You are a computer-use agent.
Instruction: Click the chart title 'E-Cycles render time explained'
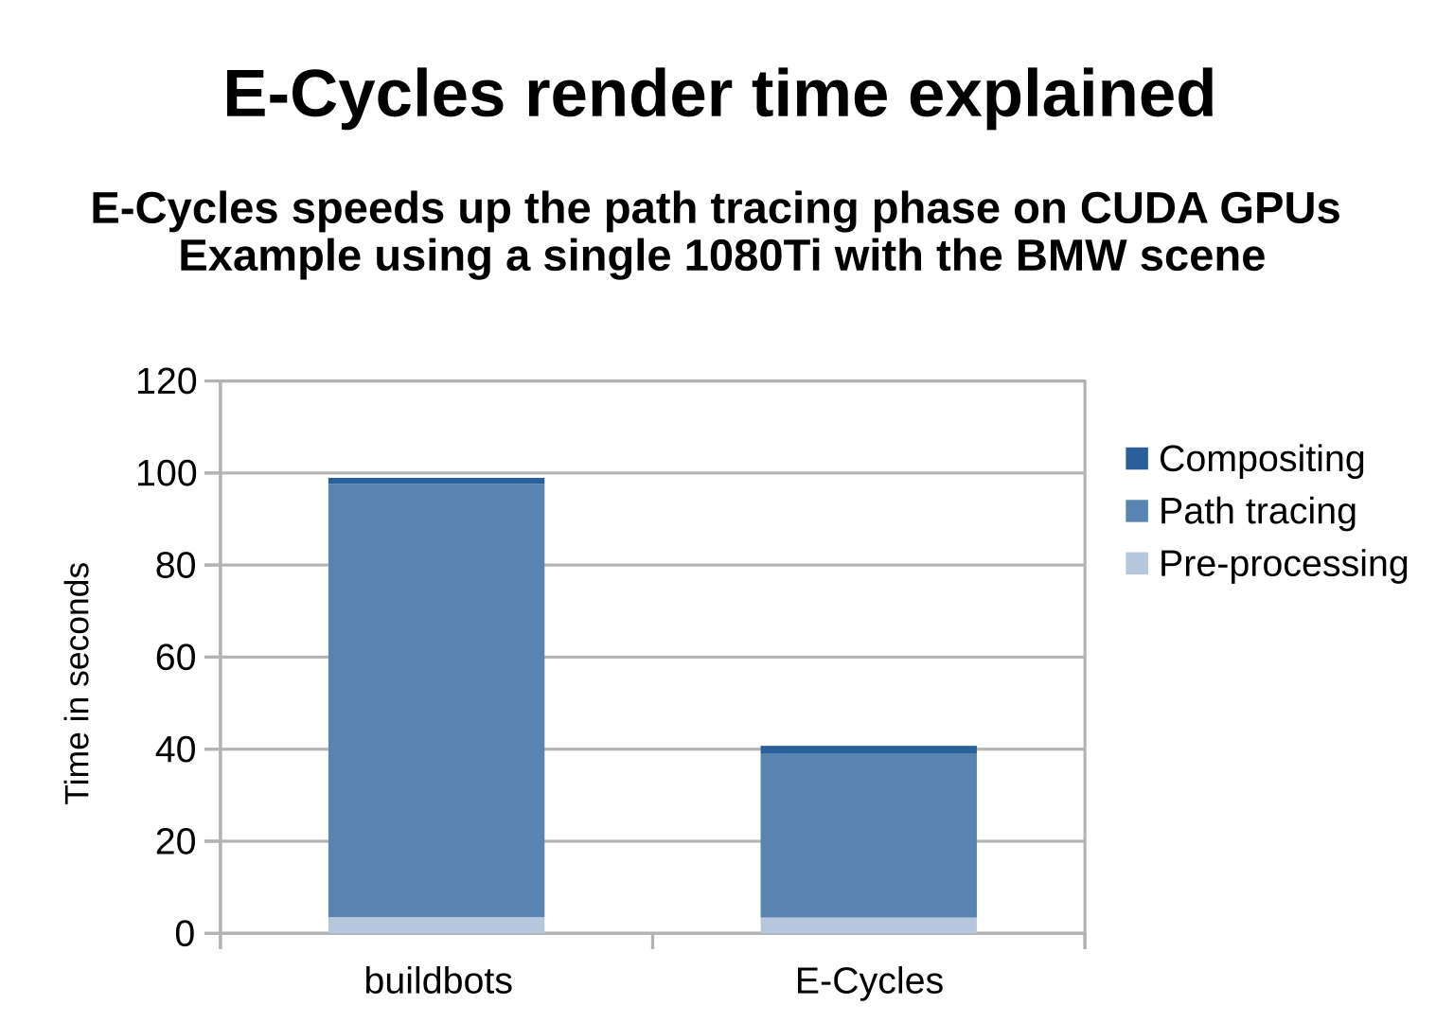point(718,94)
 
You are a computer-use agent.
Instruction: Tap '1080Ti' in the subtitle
point(752,255)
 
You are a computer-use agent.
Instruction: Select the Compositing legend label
point(1261,459)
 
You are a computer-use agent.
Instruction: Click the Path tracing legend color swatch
point(1136,511)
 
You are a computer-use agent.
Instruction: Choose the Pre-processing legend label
point(1283,564)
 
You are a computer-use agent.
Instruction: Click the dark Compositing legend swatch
point(1136,459)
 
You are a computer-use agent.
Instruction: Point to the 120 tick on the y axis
point(166,382)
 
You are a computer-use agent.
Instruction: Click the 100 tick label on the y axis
point(166,474)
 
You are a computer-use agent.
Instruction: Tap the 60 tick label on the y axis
point(175,658)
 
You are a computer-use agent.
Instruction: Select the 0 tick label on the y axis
point(185,934)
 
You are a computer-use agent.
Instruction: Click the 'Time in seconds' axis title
point(78,683)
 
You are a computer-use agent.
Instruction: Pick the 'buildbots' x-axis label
point(437,981)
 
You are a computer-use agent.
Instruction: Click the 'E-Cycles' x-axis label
point(869,981)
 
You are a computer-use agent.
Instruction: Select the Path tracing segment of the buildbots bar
point(436,700)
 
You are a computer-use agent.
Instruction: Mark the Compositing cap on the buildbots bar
point(436,481)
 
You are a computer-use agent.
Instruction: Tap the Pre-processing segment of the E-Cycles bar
point(868,925)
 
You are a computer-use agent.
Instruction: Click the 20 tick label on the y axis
point(175,842)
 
